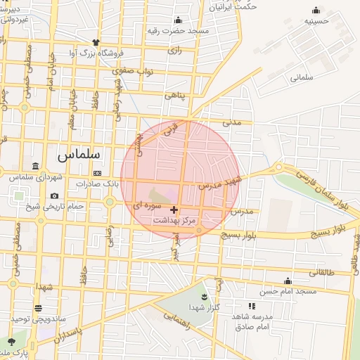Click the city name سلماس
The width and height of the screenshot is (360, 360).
click(78, 153)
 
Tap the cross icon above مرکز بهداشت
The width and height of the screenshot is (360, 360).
click(174, 210)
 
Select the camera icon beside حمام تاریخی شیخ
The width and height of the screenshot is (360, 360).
click(55, 195)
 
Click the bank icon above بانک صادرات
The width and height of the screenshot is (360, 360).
click(96, 173)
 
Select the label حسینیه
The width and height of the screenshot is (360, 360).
click(316, 21)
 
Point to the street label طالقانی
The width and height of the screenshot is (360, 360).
click(322, 271)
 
